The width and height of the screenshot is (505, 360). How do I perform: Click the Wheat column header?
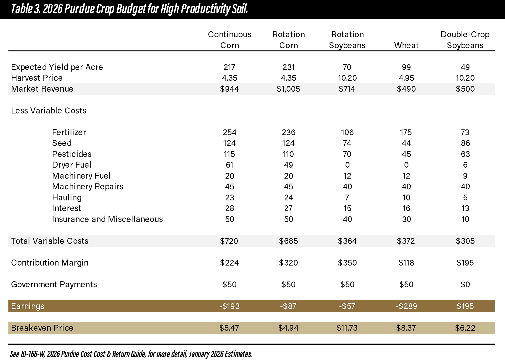pyautogui.click(x=406, y=45)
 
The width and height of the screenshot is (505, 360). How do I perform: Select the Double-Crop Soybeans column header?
pyautogui.click(x=465, y=40)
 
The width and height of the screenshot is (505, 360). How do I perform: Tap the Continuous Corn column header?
pyautogui.click(x=229, y=40)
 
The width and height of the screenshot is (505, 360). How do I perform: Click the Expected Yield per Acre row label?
pyautogui.click(x=57, y=67)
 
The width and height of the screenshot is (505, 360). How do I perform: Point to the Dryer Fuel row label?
pyautogui.click(x=72, y=165)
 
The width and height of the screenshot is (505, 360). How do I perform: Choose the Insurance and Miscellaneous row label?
pyautogui.click(x=107, y=219)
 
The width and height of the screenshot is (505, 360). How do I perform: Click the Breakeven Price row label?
pyautogui.click(x=42, y=328)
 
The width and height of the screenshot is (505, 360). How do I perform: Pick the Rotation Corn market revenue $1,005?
pyautogui.click(x=288, y=89)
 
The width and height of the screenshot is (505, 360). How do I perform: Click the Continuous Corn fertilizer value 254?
pyautogui.click(x=229, y=132)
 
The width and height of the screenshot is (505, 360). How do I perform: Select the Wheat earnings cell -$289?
pyautogui.click(x=406, y=306)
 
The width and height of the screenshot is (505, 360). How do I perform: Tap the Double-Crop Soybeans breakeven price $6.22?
pyautogui.click(x=465, y=328)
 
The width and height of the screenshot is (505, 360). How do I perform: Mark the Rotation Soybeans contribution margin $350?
pyautogui.click(x=347, y=263)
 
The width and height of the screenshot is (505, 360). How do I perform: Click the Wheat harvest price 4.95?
pyautogui.click(x=406, y=78)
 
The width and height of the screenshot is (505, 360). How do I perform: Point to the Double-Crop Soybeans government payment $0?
pyautogui.click(x=465, y=284)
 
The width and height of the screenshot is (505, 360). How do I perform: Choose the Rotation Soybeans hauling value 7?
pyautogui.click(x=347, y=197)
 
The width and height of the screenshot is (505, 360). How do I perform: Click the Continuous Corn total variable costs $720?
pyautogui.click(x=229, y=241)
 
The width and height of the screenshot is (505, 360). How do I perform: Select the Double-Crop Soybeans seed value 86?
pyautogui.click(x=465, y=143)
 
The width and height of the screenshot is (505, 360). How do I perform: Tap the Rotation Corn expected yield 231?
pyautogui.click(x=288, y=67)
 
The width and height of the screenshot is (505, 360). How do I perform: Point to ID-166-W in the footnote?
pyautogui.click(x=33, y=354)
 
